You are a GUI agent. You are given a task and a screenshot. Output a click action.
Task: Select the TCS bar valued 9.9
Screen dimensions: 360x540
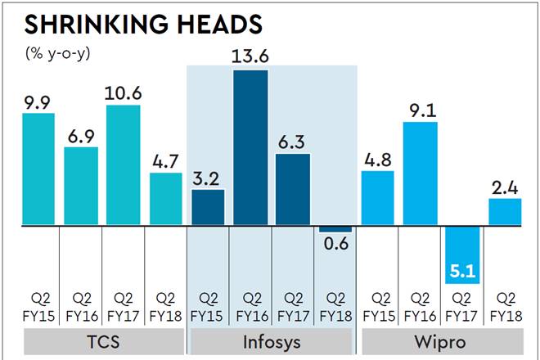[x=38, y=169]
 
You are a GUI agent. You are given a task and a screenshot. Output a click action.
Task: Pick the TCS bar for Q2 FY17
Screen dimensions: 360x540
[x=124, y=164]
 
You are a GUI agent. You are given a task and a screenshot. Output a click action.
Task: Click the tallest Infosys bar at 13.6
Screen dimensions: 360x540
[x=250, y=147]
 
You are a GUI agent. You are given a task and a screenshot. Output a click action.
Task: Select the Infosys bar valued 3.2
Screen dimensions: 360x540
[x=208, y=207]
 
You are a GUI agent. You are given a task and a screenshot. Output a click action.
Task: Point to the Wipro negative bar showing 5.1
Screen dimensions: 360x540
[x=462, y=254]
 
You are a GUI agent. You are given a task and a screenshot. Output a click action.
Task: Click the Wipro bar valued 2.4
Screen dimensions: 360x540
[x=505, y=212]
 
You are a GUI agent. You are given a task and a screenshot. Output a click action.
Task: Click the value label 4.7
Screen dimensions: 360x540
[x=166, y=160]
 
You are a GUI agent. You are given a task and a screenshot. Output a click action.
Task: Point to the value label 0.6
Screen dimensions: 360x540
[x=335, y=245]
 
